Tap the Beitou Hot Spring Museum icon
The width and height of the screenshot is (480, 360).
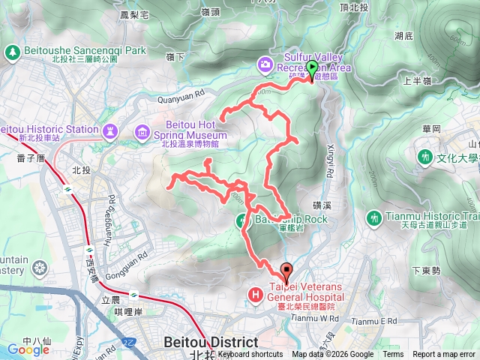click(142, 133)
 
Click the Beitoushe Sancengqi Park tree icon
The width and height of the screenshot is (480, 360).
click(11, 52)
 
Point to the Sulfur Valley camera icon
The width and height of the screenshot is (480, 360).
click(265, 64)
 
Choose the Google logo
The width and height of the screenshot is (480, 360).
click(28, 349)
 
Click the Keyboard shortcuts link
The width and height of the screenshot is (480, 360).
click(250, 355)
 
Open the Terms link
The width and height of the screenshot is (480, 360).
click(393, 355)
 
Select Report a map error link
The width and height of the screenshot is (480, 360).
click(445, 355)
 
